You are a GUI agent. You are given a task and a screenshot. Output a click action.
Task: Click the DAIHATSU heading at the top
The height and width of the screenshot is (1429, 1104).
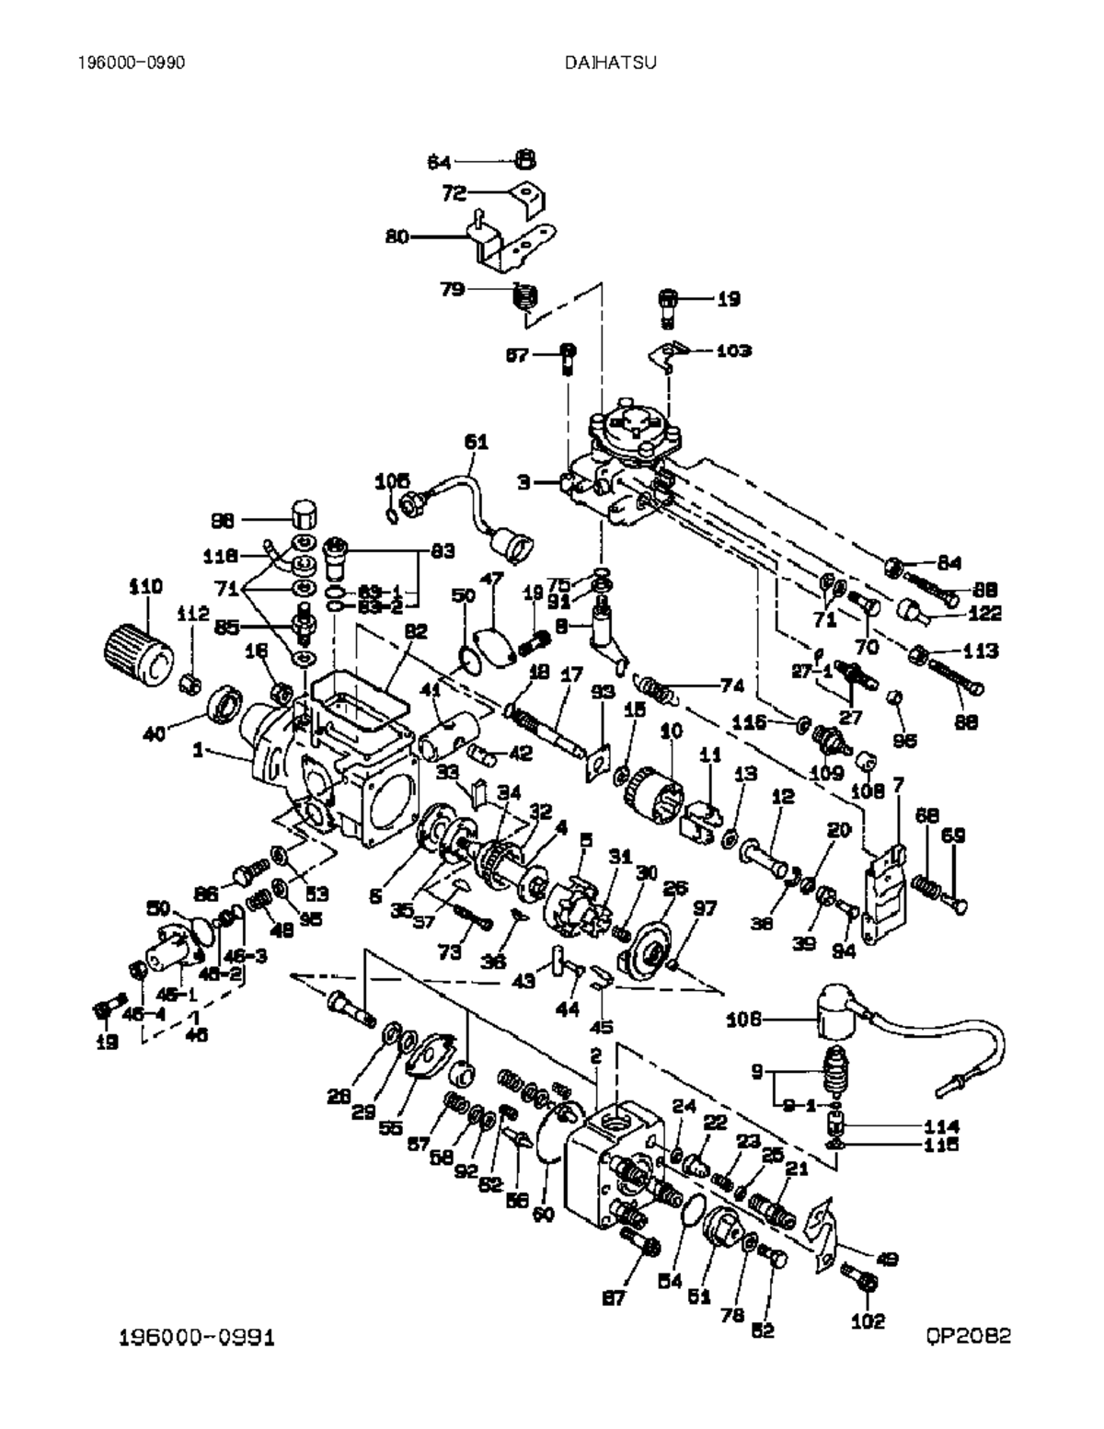click(610, 63)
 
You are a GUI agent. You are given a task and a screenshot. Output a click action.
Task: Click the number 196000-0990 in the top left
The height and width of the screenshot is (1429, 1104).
click(132, 63)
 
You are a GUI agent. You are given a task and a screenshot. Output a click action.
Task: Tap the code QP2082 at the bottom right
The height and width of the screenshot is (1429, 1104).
click(968, 1335)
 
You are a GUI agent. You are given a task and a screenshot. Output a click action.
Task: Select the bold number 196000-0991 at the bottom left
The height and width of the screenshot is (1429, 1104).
click(197, 1336)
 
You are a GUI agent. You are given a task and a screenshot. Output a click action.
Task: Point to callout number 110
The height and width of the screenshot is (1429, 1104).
click(145, 585)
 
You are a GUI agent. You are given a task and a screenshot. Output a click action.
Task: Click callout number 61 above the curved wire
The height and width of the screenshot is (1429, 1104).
click(476, 442)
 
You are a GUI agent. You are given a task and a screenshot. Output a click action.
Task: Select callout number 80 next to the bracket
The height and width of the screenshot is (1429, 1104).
click(397, 236)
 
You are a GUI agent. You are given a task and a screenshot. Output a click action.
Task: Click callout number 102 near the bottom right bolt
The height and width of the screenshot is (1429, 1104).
click(868, 1321)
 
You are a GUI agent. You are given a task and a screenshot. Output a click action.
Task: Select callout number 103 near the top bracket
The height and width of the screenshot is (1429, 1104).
click(732, 351)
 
